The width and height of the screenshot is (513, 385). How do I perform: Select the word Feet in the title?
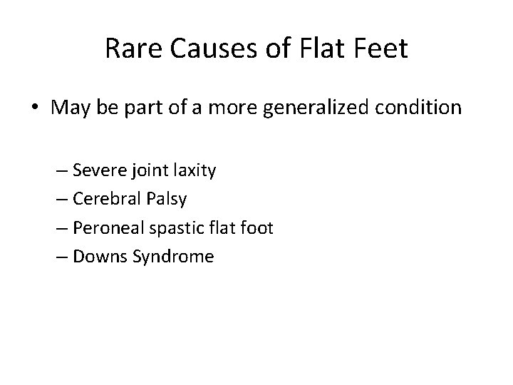pyautogui.click(x=381, y=49)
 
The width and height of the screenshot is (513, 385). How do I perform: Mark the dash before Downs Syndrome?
pyautogui.click(x=62, y=257)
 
